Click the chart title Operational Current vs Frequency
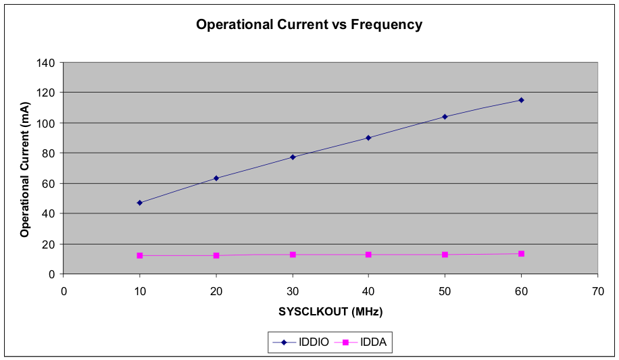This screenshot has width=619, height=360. click(x=309, y=25)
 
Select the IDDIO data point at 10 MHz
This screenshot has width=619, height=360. click(x=140, y=203)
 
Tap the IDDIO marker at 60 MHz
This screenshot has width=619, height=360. click(x=521, y=100)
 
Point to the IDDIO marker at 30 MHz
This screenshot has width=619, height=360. click(x=293, y=157)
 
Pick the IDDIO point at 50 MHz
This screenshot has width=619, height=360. click(x=445, y=116)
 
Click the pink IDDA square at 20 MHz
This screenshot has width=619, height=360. click(x=216, y=255)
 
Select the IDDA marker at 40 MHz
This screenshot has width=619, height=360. click(x=368, y=255)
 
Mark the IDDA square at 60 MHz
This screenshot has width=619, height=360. click(x=521, y=253)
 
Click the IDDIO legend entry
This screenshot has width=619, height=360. click(x=301, y=342)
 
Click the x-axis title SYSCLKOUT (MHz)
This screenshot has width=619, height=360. click(x=331, y=311)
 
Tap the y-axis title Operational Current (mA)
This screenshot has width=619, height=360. click(x=25, y=169)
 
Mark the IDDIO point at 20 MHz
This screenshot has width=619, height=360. click(x=216, y=178)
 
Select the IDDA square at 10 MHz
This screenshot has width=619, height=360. click(x=140, y=255)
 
